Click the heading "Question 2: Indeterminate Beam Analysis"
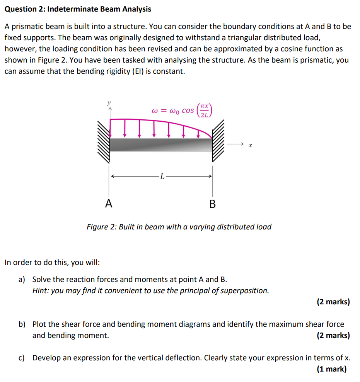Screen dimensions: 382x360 [x=78, y=9]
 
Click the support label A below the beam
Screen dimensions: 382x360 [x=109, y=203]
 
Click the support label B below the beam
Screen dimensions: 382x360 [x=212, y=204]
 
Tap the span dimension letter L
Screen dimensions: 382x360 [x=162, y=177]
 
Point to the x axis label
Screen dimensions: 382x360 [x=250, y=146]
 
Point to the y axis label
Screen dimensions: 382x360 [x=109, y=103]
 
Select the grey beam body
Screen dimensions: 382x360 [x=161, y=145]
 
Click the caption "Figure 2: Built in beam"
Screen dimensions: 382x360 [x=179, y=227]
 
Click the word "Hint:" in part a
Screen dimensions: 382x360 [x=41, y=290]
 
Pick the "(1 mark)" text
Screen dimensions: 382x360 [x=331, y=369]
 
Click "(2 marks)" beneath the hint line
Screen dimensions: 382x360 [x=333, y=302]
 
